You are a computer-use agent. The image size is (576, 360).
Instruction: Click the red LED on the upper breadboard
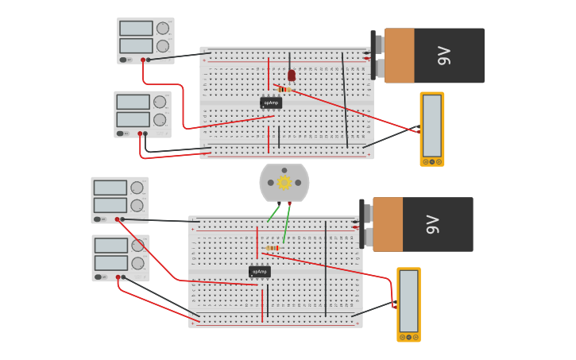pyautogui.click(x=292, y=75)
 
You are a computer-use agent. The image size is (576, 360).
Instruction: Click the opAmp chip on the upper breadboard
pyautogui.click(x=271, y=103)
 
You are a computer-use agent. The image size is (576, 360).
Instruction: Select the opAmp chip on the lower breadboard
pyautogui.click(x=260, y=271)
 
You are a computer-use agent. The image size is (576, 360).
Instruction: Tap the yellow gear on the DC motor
pyautogui.click(x=284, y=183)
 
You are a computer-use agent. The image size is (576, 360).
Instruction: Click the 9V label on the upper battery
pyautogui.click(x=444, y=56)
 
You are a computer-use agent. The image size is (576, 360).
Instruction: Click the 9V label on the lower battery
pyautogui.click(x=433, y=225)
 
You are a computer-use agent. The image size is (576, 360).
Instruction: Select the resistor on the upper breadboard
pyautogui.click(x=284, y=89)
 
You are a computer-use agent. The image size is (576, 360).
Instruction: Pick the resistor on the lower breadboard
pyautogui.click(x=273, y=248)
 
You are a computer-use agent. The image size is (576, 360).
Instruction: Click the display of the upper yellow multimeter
pyautogui.click(x=431, y=126)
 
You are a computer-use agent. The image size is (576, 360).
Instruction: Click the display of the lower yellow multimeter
pyautogui.click(x=408, y=301)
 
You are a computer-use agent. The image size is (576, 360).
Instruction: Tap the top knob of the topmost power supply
pyautogui.click(x=163, y=29)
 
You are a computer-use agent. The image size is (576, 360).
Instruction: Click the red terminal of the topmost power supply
pyautogui.click(x=143, y=60)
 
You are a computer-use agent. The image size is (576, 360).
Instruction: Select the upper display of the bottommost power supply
pyautogui.click(x=110, y=246)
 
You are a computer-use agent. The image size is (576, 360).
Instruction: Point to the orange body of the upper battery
pyautogui.click(x=400, y=56)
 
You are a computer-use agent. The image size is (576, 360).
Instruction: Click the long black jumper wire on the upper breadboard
pyautogui.click(x=345, y=99)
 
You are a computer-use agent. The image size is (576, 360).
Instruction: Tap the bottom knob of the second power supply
pyautogui.click(x=160, y=120)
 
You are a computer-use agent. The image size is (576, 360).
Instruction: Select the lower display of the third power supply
pyautogui.click(x=110, y=205)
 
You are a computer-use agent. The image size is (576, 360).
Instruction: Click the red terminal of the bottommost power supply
pyautogui.click(x=118, y=277)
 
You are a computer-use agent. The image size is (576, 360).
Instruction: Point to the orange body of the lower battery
pyautogui.click(x=388, y=225)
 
